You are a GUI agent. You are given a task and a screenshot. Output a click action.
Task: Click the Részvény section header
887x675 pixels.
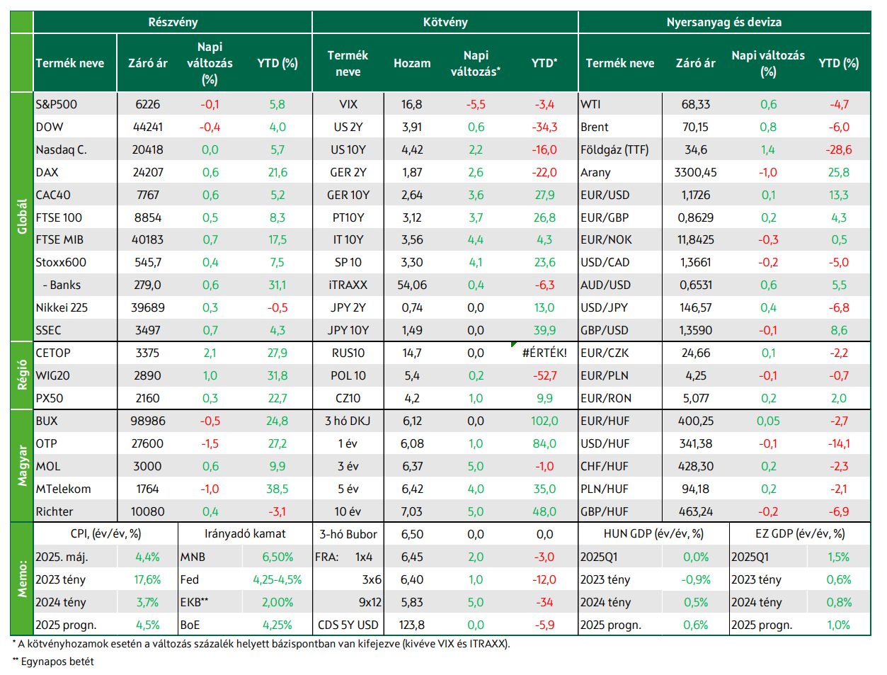point(173,22)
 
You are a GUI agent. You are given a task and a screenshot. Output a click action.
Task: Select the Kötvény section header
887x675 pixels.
point(445,22)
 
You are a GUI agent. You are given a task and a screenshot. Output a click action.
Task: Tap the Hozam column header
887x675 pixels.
point(412,64)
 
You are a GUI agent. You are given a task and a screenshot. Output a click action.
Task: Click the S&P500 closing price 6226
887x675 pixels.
point(147,104)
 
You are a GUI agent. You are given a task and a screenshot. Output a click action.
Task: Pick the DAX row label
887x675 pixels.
point(47,173)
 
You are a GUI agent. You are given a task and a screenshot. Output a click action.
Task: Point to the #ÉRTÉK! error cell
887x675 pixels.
point(544,353)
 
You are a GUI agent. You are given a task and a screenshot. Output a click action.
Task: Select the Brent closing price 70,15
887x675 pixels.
point(695,127)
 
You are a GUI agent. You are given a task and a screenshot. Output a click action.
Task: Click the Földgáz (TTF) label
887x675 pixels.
point(614,150)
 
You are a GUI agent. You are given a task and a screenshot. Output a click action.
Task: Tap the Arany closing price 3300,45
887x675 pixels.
point(695,173)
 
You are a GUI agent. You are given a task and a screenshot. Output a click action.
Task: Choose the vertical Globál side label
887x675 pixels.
point(22,216)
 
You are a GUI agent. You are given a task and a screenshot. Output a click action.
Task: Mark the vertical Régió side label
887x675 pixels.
point(22,375)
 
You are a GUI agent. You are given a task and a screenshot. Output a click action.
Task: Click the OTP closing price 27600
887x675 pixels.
point(147,444)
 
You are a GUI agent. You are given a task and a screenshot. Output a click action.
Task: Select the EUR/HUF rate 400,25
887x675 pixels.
point(695,421)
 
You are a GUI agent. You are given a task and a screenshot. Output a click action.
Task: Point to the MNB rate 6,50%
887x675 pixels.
point(277,557)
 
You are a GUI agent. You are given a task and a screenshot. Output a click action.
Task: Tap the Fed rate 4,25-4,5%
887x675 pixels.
point(277,579)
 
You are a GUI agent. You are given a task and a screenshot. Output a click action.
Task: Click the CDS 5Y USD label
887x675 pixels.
point(348,625)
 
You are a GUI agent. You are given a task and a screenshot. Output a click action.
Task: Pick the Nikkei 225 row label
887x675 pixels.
point(62,307)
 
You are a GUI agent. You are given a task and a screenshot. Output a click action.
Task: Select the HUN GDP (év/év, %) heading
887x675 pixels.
point(653,534)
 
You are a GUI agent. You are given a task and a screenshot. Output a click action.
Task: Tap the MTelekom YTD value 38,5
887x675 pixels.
point(277,489)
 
